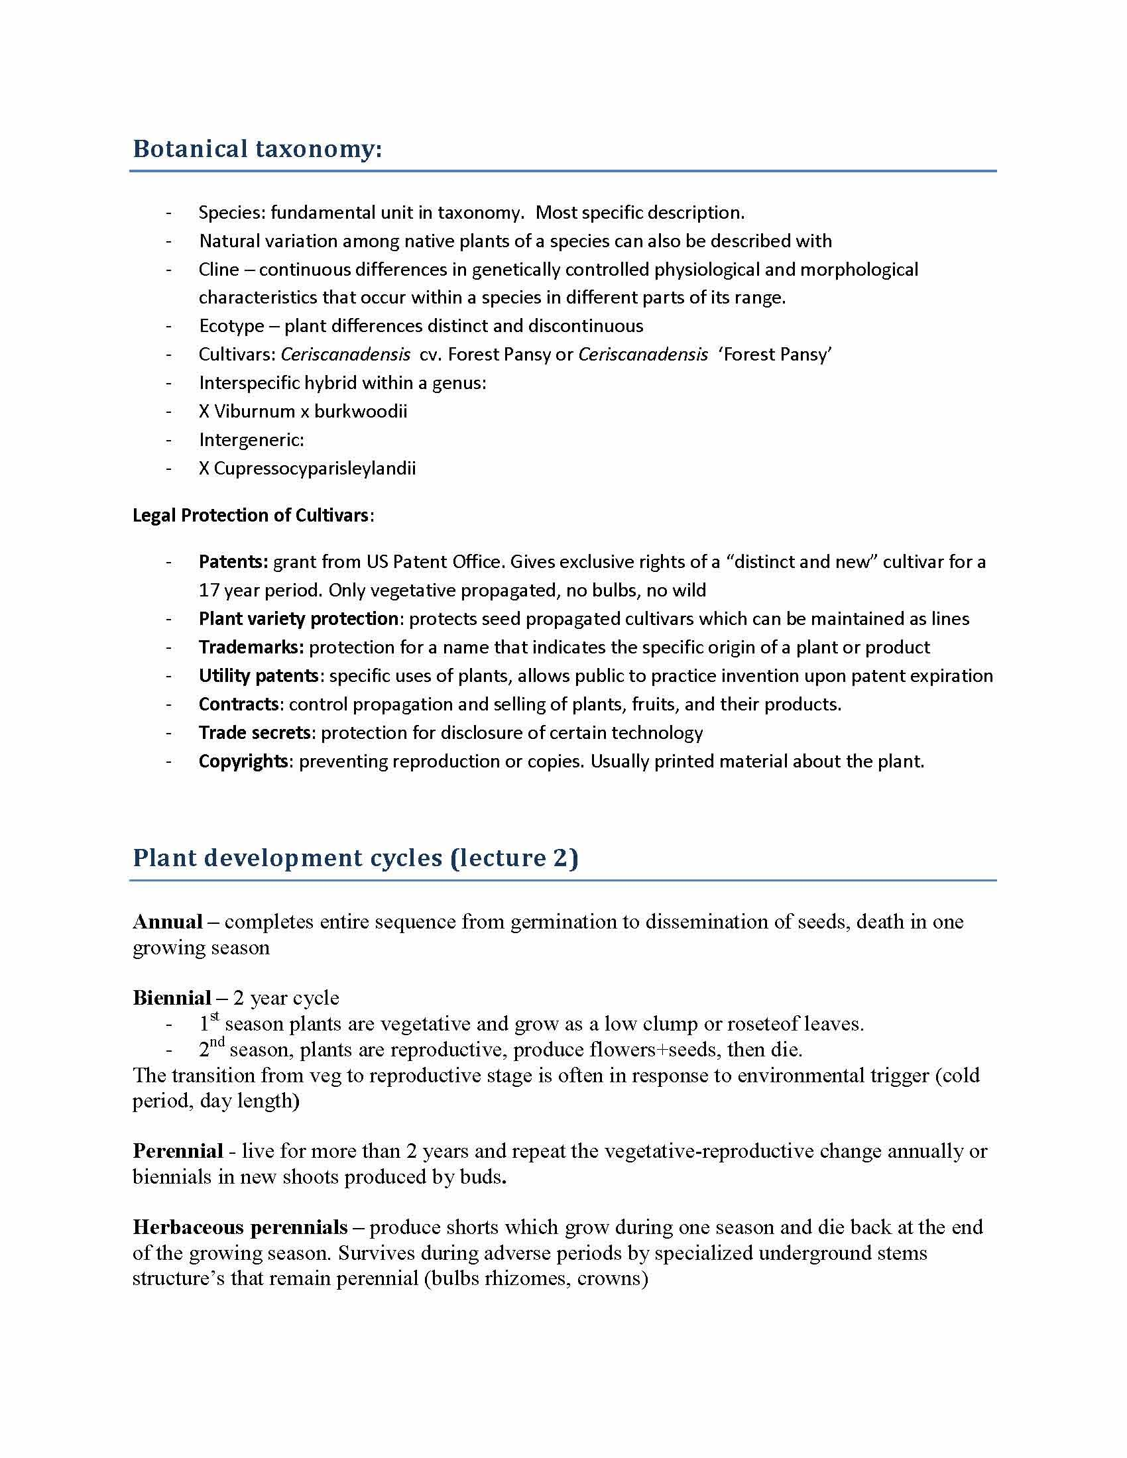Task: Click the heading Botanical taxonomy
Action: click(257, 149)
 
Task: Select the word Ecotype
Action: click(231, 326)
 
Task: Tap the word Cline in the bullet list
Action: click(218, 269)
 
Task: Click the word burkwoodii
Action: click(361, 412)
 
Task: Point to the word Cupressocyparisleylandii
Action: click(314, 468)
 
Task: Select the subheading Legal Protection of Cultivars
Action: click(251, 516)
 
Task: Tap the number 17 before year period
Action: click(208, 590)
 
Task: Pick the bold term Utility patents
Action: click(259, 675)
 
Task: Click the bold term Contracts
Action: click(239, 704)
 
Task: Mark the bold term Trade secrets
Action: click(255, 733)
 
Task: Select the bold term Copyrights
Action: click(243, 761)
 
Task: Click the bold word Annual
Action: click(168, 922)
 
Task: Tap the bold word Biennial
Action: click(172, 998)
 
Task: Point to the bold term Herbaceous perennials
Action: click(240, 1227)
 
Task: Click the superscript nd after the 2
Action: click(217, 1042)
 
